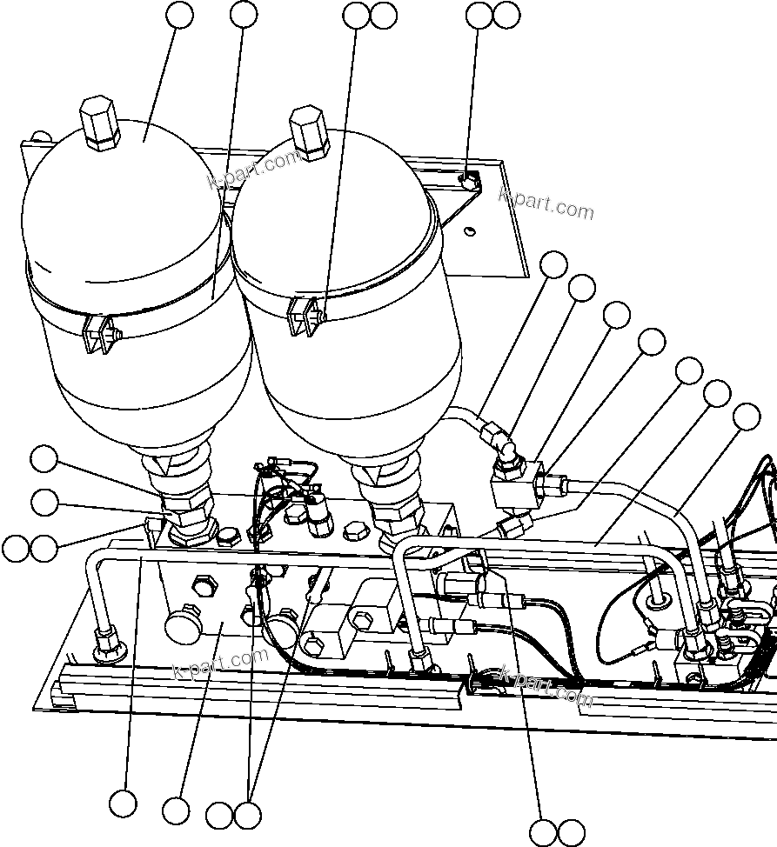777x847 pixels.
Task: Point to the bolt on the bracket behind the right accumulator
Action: [x=469, y=183]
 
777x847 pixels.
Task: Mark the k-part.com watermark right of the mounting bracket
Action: [x=546, y=205]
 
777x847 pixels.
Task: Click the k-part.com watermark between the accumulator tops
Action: [x=254, y=170]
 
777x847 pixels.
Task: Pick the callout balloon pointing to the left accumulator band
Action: [x=244, y=14]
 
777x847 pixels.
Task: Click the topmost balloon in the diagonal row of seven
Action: [x=553, y=263]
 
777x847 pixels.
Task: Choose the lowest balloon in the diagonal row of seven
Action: [x=747, y=417]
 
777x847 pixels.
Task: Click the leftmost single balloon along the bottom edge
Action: [x=123, y=803]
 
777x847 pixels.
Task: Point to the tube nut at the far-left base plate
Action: [x=108, y=643]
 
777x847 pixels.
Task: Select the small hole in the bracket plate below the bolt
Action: [x=469, y=230]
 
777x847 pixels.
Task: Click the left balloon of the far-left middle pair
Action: [x=16, y=548]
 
